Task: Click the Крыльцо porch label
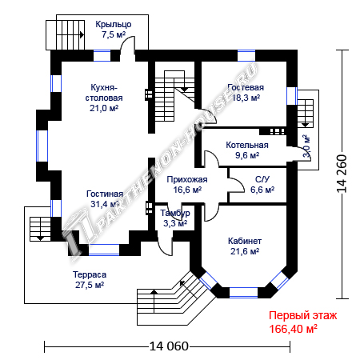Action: [x=114, y=24]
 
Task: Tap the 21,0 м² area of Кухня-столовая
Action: [x=104, y=108]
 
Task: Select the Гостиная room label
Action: [x=105, y=194]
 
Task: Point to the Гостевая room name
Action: [x=246, y=87]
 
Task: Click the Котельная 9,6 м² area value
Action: [x=247, y=155]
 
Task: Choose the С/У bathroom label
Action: [x=262, y=179]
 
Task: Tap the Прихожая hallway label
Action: [x=187, y=179]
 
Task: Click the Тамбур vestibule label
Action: [x=175, y=213]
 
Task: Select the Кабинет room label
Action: [x=245, y=241]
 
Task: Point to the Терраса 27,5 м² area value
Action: [x=90, y=285]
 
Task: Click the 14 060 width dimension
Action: [x=169, y=346]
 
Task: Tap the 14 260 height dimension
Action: [x=342, y=174]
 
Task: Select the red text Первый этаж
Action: [x=302, y=315]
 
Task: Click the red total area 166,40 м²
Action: [x=293, y=329]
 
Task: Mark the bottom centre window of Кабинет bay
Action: [x=243, y=293]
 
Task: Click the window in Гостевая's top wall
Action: [x=246, y=56]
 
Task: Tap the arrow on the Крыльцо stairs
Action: [x=82, y=34]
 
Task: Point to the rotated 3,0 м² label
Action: [x=307, y=146]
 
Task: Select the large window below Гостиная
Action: [x=104, y=250]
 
